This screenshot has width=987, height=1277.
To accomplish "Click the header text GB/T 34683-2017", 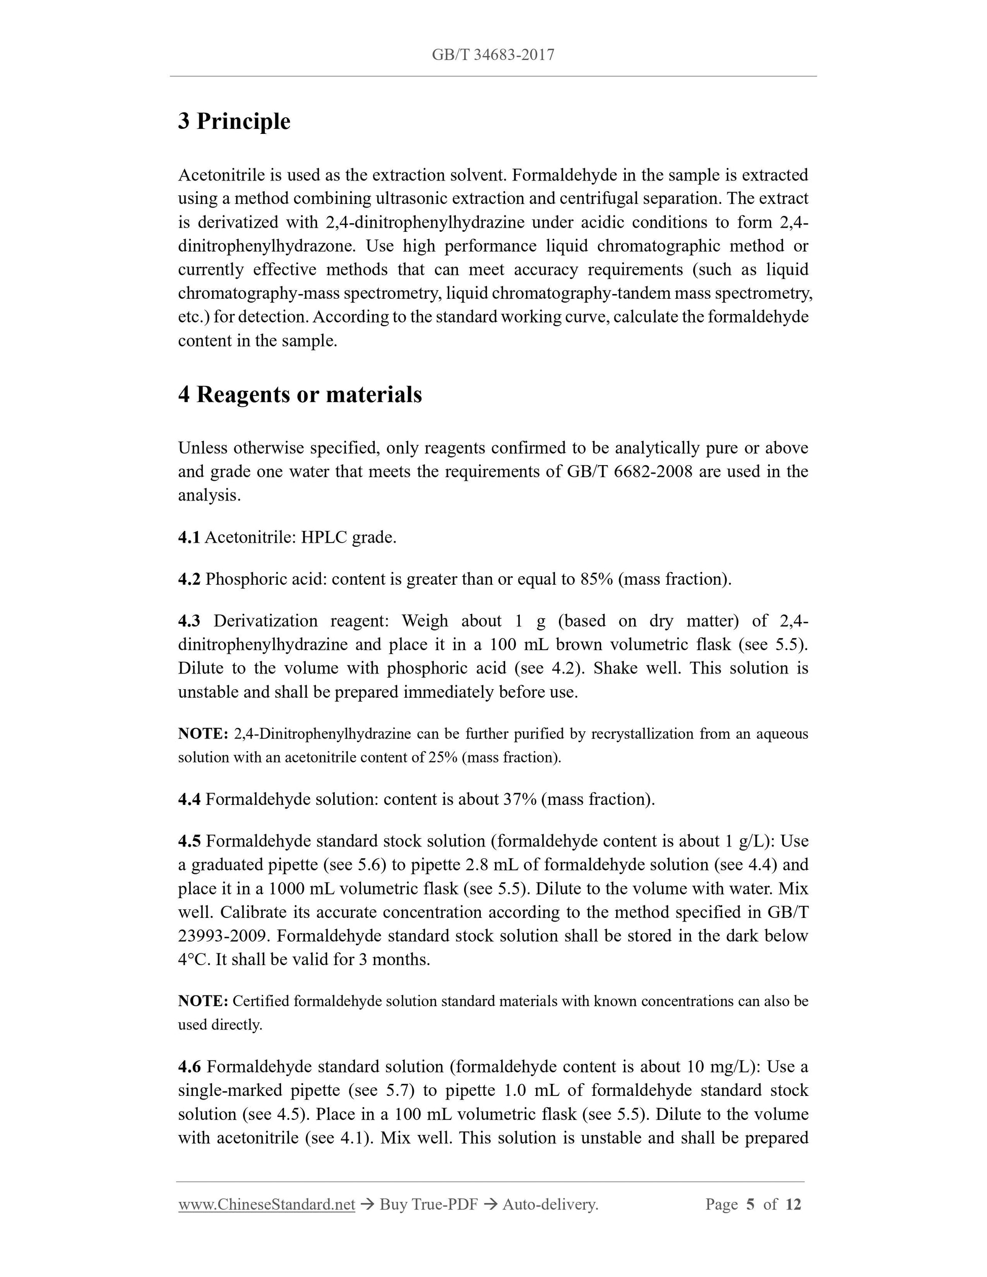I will pyautogui.click(x=493, y=55).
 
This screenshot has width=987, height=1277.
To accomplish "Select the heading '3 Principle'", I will pyautogui.click(x=234, y=122).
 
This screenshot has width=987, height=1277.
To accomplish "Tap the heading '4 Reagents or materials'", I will pyautogui.click(x=300, y=395).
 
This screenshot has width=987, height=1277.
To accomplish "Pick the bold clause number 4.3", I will pyautogui.click(x=189, y=621).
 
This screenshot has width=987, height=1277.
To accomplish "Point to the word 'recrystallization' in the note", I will pyautogui.click(x=643, y=734).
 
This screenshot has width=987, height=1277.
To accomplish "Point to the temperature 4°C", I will pyautogui.click(x=193, y=960).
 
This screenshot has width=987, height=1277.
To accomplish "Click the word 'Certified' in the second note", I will pyautogui.click(x=261, y=1002).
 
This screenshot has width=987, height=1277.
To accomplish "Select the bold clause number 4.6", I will pyautogui.click(x=189, y=1067).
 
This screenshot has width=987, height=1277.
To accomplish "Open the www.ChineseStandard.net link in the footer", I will pyautogui.click(x=267, y=1204).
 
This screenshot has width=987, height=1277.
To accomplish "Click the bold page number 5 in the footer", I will pyautogui.click(x=751, y=1204).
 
